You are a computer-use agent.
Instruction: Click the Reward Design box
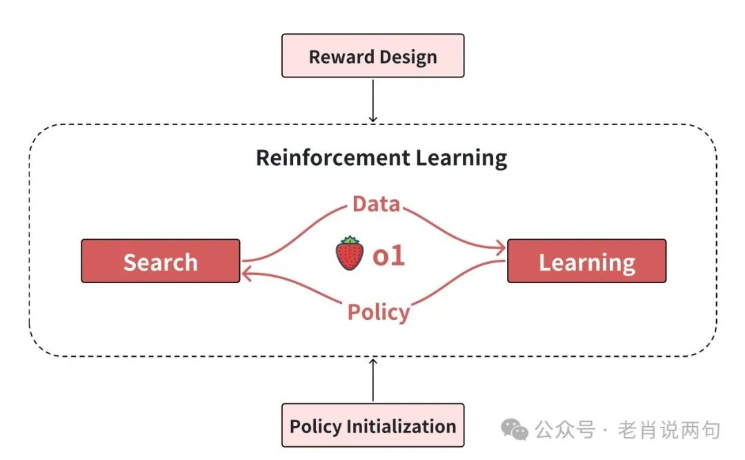[372, 56]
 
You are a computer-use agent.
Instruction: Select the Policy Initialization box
[372, 425]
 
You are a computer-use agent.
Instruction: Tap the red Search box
[161, 261]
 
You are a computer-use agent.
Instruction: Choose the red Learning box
[586, 261]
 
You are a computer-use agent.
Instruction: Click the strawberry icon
[350, 254]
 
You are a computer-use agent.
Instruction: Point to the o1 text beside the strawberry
[388, 256]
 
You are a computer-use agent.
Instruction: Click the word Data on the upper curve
[376, 204]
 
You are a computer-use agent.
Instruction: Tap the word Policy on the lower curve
[378, 312]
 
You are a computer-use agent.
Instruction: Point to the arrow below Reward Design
[372, 100]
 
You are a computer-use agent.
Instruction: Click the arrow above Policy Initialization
[372, 380]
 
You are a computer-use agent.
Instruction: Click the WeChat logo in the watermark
[515, 430]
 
